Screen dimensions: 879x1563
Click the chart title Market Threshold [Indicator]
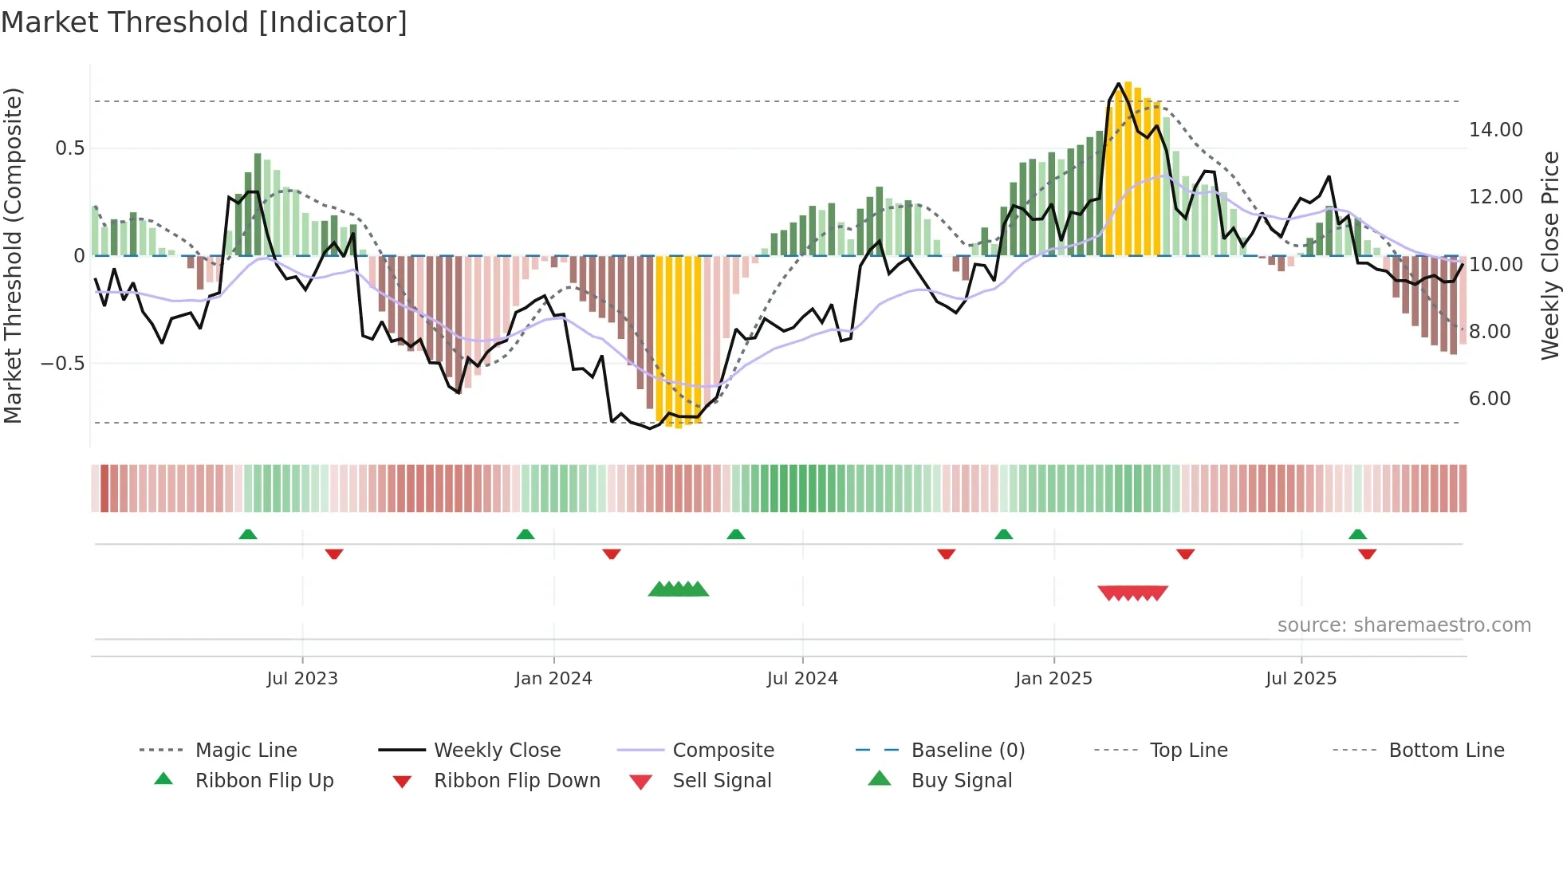(x=204, y=22)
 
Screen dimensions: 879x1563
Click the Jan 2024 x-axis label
(x=553, y=679)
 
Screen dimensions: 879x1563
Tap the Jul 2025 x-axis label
(x=1301, y=679)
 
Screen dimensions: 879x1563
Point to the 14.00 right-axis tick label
(x=1495, y=129)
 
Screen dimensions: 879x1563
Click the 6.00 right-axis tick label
(x=1490, y=398)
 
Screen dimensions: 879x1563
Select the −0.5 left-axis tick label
(x=62, y=363)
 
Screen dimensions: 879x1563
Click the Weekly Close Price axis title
(x=1549, y=255)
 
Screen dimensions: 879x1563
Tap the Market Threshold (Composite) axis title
(x=13, y=255)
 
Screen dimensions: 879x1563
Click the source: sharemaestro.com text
(x=1404, y=625)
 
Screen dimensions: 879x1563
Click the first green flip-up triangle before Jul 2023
(x=248, y=534)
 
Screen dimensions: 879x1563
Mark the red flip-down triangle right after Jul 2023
(x=334, y=554)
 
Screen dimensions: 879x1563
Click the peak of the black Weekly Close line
(x=1119, y=83)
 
